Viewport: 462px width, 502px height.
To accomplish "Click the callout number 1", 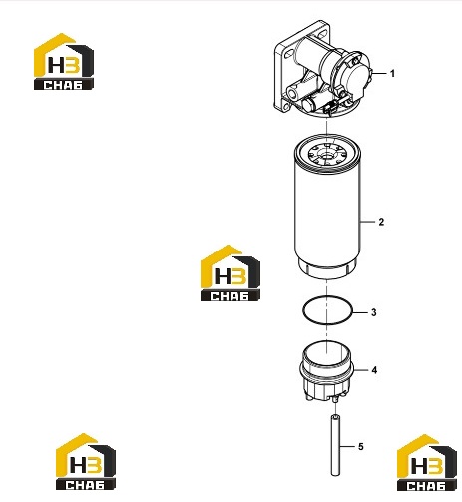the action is tap(392, 73).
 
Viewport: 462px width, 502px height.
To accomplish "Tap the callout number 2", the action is tap(381, 222).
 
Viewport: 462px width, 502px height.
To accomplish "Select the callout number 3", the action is tap(374, 312).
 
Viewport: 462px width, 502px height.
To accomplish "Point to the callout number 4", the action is tap(374, 370).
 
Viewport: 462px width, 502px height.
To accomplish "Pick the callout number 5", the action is tap(361, 446).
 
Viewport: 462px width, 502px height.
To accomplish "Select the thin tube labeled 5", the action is tap(335, 445).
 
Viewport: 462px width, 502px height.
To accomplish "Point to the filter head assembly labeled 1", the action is tap(322, 70).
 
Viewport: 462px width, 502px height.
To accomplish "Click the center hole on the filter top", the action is tap(326, 155).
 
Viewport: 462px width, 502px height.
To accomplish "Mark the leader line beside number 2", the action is tap(368, 222).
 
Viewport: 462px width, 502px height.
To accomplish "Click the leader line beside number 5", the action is tap(347, 446).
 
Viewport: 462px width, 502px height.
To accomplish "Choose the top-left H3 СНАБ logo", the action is tap(64, 61).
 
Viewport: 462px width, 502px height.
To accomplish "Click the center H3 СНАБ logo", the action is tap(231, 273).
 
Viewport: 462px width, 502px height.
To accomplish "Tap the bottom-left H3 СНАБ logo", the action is tap(86, 461).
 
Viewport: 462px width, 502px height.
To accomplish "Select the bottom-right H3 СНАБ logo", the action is tap(427, 463).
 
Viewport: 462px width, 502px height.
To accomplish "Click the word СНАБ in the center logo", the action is tap(230, 296).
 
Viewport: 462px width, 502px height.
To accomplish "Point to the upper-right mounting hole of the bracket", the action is tap(323, 34).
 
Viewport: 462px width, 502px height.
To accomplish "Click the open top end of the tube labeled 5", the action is tap(335, 416).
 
